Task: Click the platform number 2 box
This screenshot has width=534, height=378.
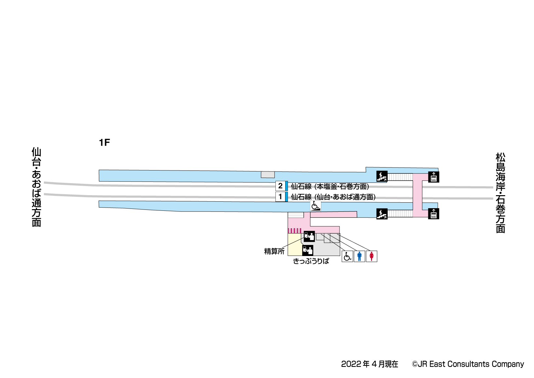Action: coord(280,186)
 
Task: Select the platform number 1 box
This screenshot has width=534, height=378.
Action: coord(280,197)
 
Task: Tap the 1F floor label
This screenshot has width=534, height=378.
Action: coord(104,142)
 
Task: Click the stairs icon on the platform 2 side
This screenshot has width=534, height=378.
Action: coord(382,176)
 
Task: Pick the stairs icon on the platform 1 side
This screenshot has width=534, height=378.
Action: coord(382,214)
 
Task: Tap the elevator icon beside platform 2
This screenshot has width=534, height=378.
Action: coord(434,177)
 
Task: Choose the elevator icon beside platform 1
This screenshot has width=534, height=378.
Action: coord(434,214)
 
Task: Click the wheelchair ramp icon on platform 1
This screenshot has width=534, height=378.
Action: coord(315,206)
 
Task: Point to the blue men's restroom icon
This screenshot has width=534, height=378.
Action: coord(359,256)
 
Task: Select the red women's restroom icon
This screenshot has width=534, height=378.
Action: coord(371,256)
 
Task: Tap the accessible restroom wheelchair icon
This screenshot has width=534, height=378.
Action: coord(347,256)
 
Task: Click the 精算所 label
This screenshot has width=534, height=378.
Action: coord(274,251)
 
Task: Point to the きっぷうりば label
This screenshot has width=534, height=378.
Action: coord(311,261)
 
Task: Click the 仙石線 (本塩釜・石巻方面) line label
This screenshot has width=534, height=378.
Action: coord(330,186)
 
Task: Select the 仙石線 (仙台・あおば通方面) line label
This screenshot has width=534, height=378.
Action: coord(333,197)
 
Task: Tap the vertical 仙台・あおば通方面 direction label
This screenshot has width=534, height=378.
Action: coord(36,187)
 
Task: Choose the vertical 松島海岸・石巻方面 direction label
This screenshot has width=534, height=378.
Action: coord(500,193)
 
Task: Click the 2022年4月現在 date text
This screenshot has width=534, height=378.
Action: coord(369,364)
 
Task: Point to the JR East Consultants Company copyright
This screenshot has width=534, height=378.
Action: coord(468,364)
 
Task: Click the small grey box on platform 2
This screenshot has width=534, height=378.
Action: coord(268,175)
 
